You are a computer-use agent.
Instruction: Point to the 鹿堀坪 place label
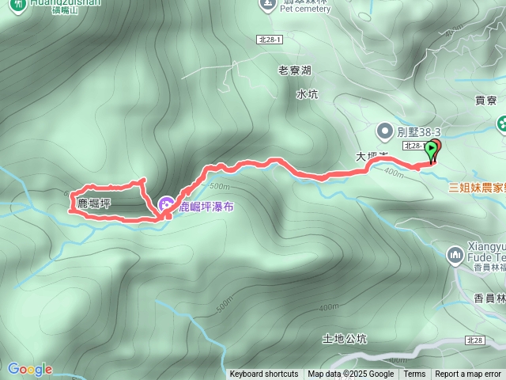tap(94, 203)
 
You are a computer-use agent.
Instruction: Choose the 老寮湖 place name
tap(295, 70)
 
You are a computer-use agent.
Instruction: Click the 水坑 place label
tap(307, 94)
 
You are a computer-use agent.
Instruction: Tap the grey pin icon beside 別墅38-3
tap(385, 129)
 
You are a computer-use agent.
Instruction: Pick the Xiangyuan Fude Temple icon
tap(455, 255)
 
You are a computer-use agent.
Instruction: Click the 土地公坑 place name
tap(346, 338)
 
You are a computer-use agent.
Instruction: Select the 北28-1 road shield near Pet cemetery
tap(270, 39)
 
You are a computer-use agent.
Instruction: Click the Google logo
tap(29, 369)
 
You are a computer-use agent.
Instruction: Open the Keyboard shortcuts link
tap(264, 374)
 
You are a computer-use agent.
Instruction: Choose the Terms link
tap(414, 374)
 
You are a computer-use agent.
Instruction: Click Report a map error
tap(468, 374)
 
